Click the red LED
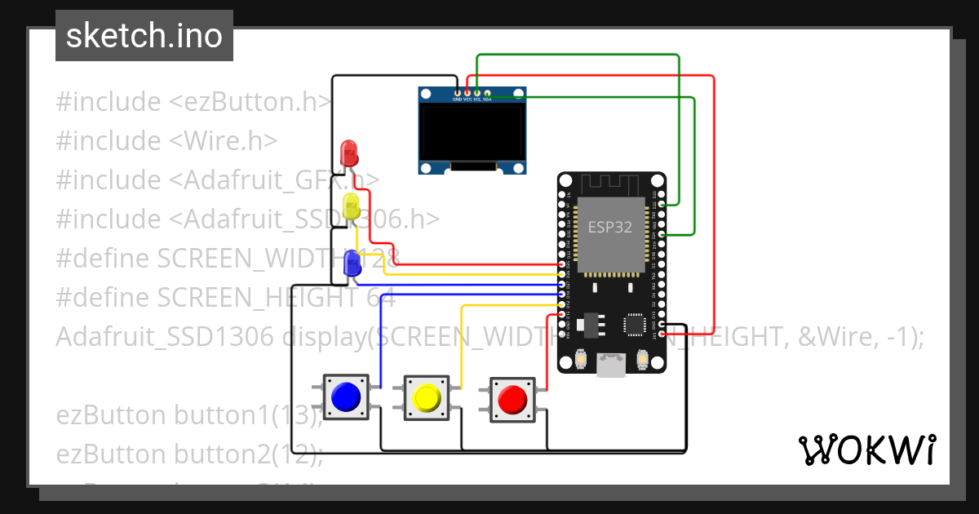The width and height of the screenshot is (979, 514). point(348,152)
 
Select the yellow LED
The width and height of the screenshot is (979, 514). point(351,206)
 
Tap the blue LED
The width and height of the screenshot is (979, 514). point(352,263)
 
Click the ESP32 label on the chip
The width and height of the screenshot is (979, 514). point(610,228)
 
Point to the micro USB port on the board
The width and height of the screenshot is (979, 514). point(610,365)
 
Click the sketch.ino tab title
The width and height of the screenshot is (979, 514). point(144,36)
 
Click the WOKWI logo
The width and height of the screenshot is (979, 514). point(866,450)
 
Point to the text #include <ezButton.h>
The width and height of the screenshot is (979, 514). point(193,102)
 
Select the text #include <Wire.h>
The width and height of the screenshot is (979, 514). point(166,141)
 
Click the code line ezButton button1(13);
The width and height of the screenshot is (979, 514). point(189,415)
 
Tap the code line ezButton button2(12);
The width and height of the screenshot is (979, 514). point(189,454)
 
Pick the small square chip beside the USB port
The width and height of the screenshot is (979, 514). point(636,325)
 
